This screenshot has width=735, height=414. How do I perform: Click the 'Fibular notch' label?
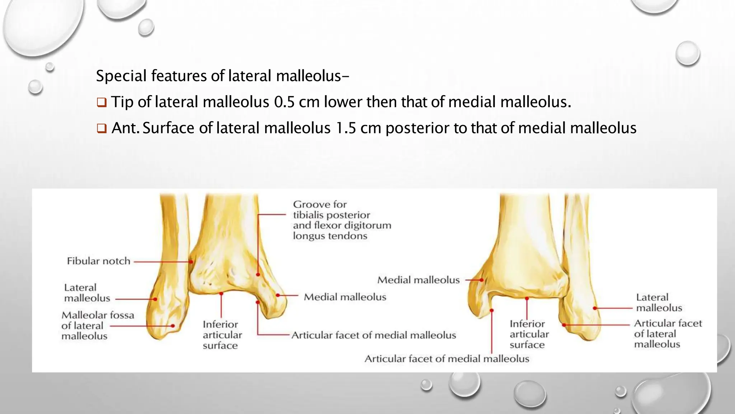click(x=98, y=261)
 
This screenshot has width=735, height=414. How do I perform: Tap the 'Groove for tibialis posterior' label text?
click(x=331, y=215)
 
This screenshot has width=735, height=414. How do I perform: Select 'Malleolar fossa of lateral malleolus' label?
click(x=97, y=326)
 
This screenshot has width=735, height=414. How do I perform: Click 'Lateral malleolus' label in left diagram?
click(x=87, y=293)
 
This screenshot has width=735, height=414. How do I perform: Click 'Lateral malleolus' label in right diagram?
click(x=659, y=303)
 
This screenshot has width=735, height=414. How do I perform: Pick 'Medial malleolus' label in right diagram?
click(x=418, y=280)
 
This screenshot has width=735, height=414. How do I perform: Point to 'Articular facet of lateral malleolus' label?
click(x=667, y=334)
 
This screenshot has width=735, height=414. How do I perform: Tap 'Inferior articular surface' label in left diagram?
click(x=222, y=335)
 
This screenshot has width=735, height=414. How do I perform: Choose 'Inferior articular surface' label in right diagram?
click(x=529, y=334)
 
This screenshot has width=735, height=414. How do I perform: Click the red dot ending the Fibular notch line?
click(x=191, y=262)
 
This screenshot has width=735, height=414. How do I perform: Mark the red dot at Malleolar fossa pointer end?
click(x=173, y=326)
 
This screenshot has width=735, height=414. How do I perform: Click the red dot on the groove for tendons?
click(x=258, y=275)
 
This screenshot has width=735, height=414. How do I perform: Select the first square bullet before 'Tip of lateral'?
click(x=102, y=103)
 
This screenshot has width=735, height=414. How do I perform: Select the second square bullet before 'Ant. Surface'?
click(x=102, y=129)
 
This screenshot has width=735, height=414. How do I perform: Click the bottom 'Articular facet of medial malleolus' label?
click(x=446, y=359)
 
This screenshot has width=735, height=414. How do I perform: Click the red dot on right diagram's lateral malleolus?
click(x=595, y=308)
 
